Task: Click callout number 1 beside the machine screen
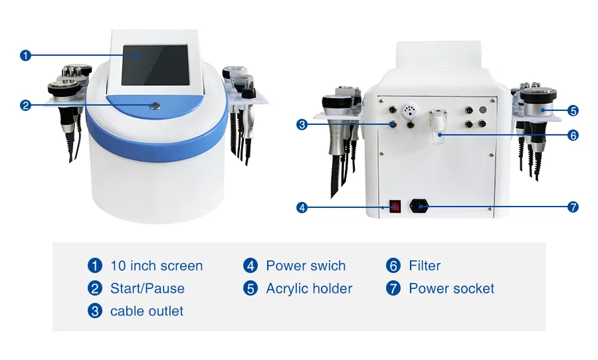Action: point(26,55)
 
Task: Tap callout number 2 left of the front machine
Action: point(26,105)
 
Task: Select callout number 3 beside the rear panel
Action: point(302,124)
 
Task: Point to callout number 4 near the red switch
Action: point(302,207)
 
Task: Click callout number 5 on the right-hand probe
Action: point(573,111)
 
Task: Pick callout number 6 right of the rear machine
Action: point(573,135)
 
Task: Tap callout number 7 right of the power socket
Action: point(573,207)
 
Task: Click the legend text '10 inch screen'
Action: point(156,266)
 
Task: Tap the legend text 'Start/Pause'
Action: point(147,289)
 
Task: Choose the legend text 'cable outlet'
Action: point(146,312)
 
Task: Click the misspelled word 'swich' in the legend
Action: point(327,266)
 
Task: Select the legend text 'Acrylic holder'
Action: point(309,289)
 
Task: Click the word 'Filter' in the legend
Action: point(425,266)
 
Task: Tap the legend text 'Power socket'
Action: point(451,289)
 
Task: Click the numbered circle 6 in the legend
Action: point(393,266)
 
